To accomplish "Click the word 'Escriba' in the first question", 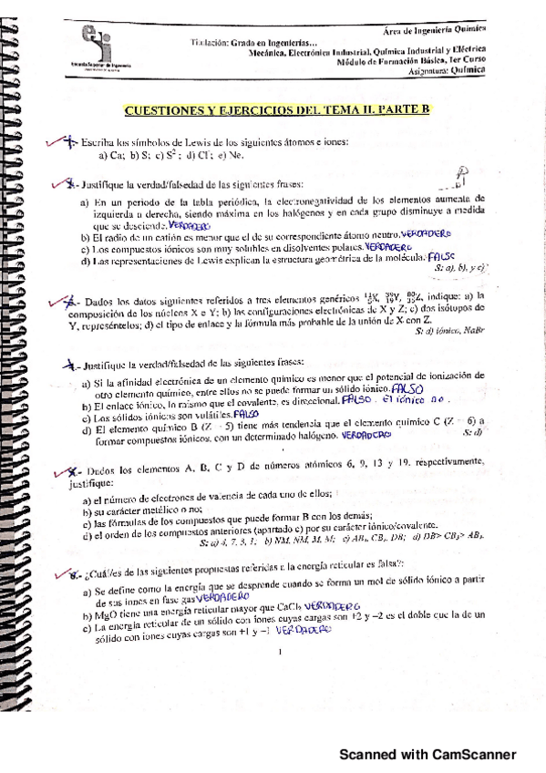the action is [x=96, y=143].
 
